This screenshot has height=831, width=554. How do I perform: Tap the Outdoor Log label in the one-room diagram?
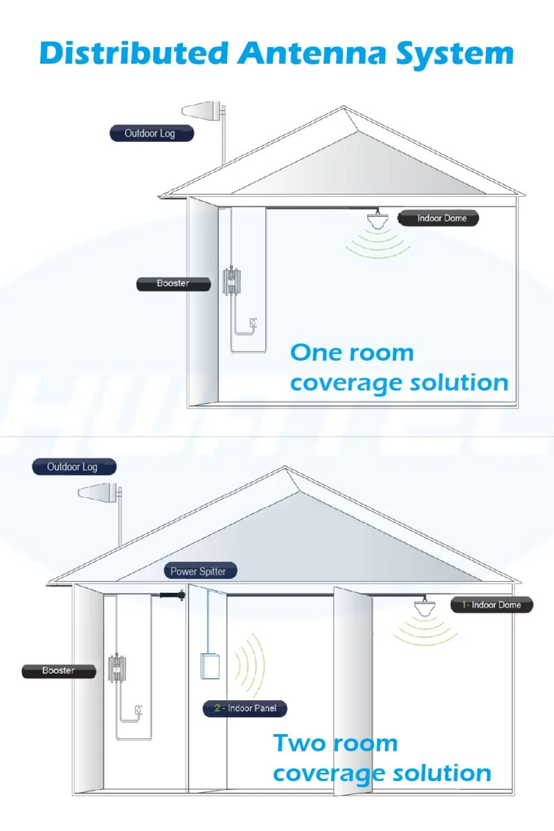(x=151, y=133)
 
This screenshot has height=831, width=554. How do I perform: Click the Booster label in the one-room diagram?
(x=172, y=283)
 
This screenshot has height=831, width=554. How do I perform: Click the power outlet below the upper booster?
(x=254, y=322)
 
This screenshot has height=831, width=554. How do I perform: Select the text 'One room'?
(x=352, y=352)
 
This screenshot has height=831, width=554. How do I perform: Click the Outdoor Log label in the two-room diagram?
(x=73, y=467)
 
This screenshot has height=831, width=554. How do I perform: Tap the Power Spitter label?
(x=198, y=571)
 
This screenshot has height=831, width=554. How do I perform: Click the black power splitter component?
(x=170, y=594)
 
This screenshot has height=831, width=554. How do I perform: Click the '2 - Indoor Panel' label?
(x=245, y=708)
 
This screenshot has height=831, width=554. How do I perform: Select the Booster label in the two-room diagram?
(x=59, y=670)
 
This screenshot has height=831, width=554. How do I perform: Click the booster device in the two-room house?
(x=118, y=669)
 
